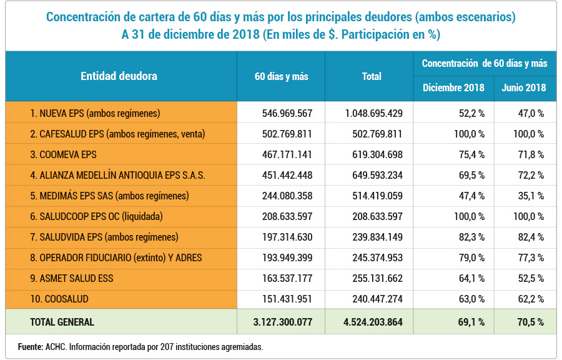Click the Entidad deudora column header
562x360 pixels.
point(119,76)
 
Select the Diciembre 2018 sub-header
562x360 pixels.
point(453,88)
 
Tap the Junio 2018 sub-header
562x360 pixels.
point(524,88)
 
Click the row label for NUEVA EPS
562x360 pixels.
point(95,113)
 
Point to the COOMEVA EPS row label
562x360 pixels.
point(63,154)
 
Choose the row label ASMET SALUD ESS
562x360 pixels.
point(71,278)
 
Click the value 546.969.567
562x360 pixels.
point(287,113)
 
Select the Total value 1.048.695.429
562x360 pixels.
point(374,113)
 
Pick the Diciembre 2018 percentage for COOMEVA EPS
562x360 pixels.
point(471,154)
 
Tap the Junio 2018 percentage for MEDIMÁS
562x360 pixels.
point(531,196)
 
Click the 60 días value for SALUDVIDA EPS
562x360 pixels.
point(287,237)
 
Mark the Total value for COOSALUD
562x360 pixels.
point(377,299)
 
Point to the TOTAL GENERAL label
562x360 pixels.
point(62,322)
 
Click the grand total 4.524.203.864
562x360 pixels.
point(373,322)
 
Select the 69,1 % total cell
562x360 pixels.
point(471,322)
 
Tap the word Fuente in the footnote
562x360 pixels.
point(31,347)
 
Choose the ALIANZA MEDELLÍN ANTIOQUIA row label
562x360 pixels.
point(117,176)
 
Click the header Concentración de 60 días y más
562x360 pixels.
point(485,64)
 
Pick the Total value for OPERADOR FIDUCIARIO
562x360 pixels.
point(377,257)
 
